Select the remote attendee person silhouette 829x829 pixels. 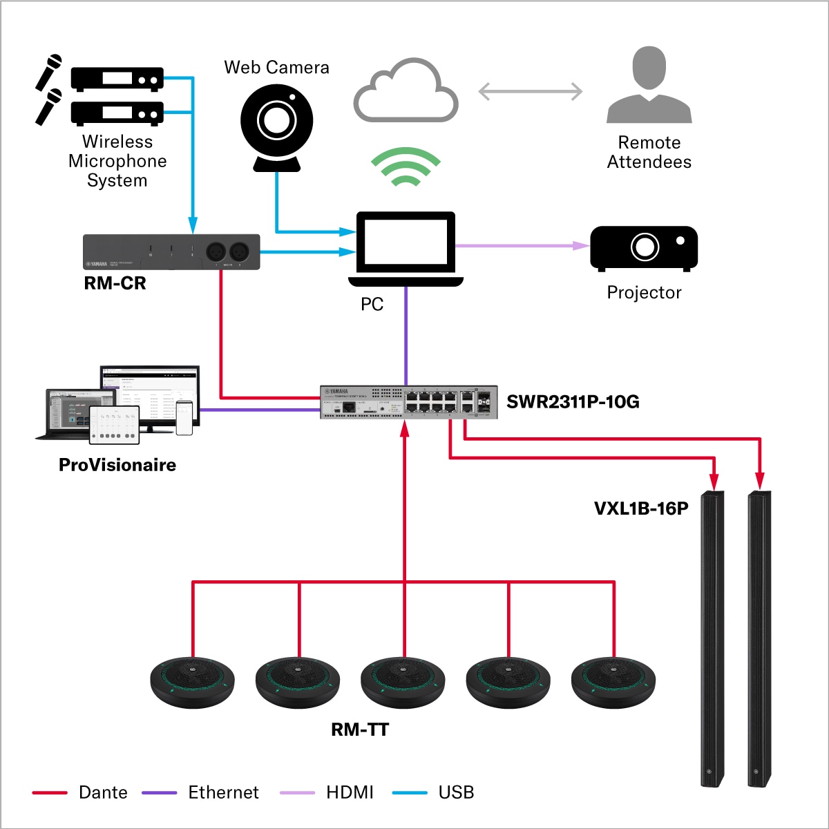(x=649, y=86)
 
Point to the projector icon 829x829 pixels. (x=644, y=248)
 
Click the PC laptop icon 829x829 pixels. (x=406, y=249)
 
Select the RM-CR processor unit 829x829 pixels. (x=171, y=251)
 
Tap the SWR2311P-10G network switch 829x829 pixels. (x=408, y=402)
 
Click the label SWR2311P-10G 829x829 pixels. (x=573, y=402)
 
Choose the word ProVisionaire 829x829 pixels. (x=117, y=465)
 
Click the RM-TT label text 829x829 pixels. (x=360, y=730)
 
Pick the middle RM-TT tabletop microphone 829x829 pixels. (x=403, y=682)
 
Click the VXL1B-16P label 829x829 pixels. (x=641, y=509)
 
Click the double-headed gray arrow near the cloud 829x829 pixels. (x=530, y=91)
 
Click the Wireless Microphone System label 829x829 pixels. (x=117, y=161)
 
